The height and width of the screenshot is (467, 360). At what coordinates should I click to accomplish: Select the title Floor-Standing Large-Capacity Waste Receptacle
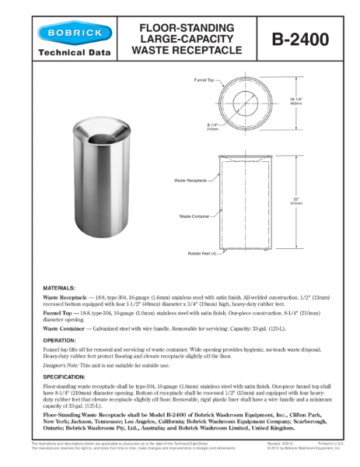[187, 38]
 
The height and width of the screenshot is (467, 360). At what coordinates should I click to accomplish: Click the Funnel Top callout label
[204, 80]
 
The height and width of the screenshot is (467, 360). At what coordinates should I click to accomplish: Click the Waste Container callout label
[194, 216]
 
